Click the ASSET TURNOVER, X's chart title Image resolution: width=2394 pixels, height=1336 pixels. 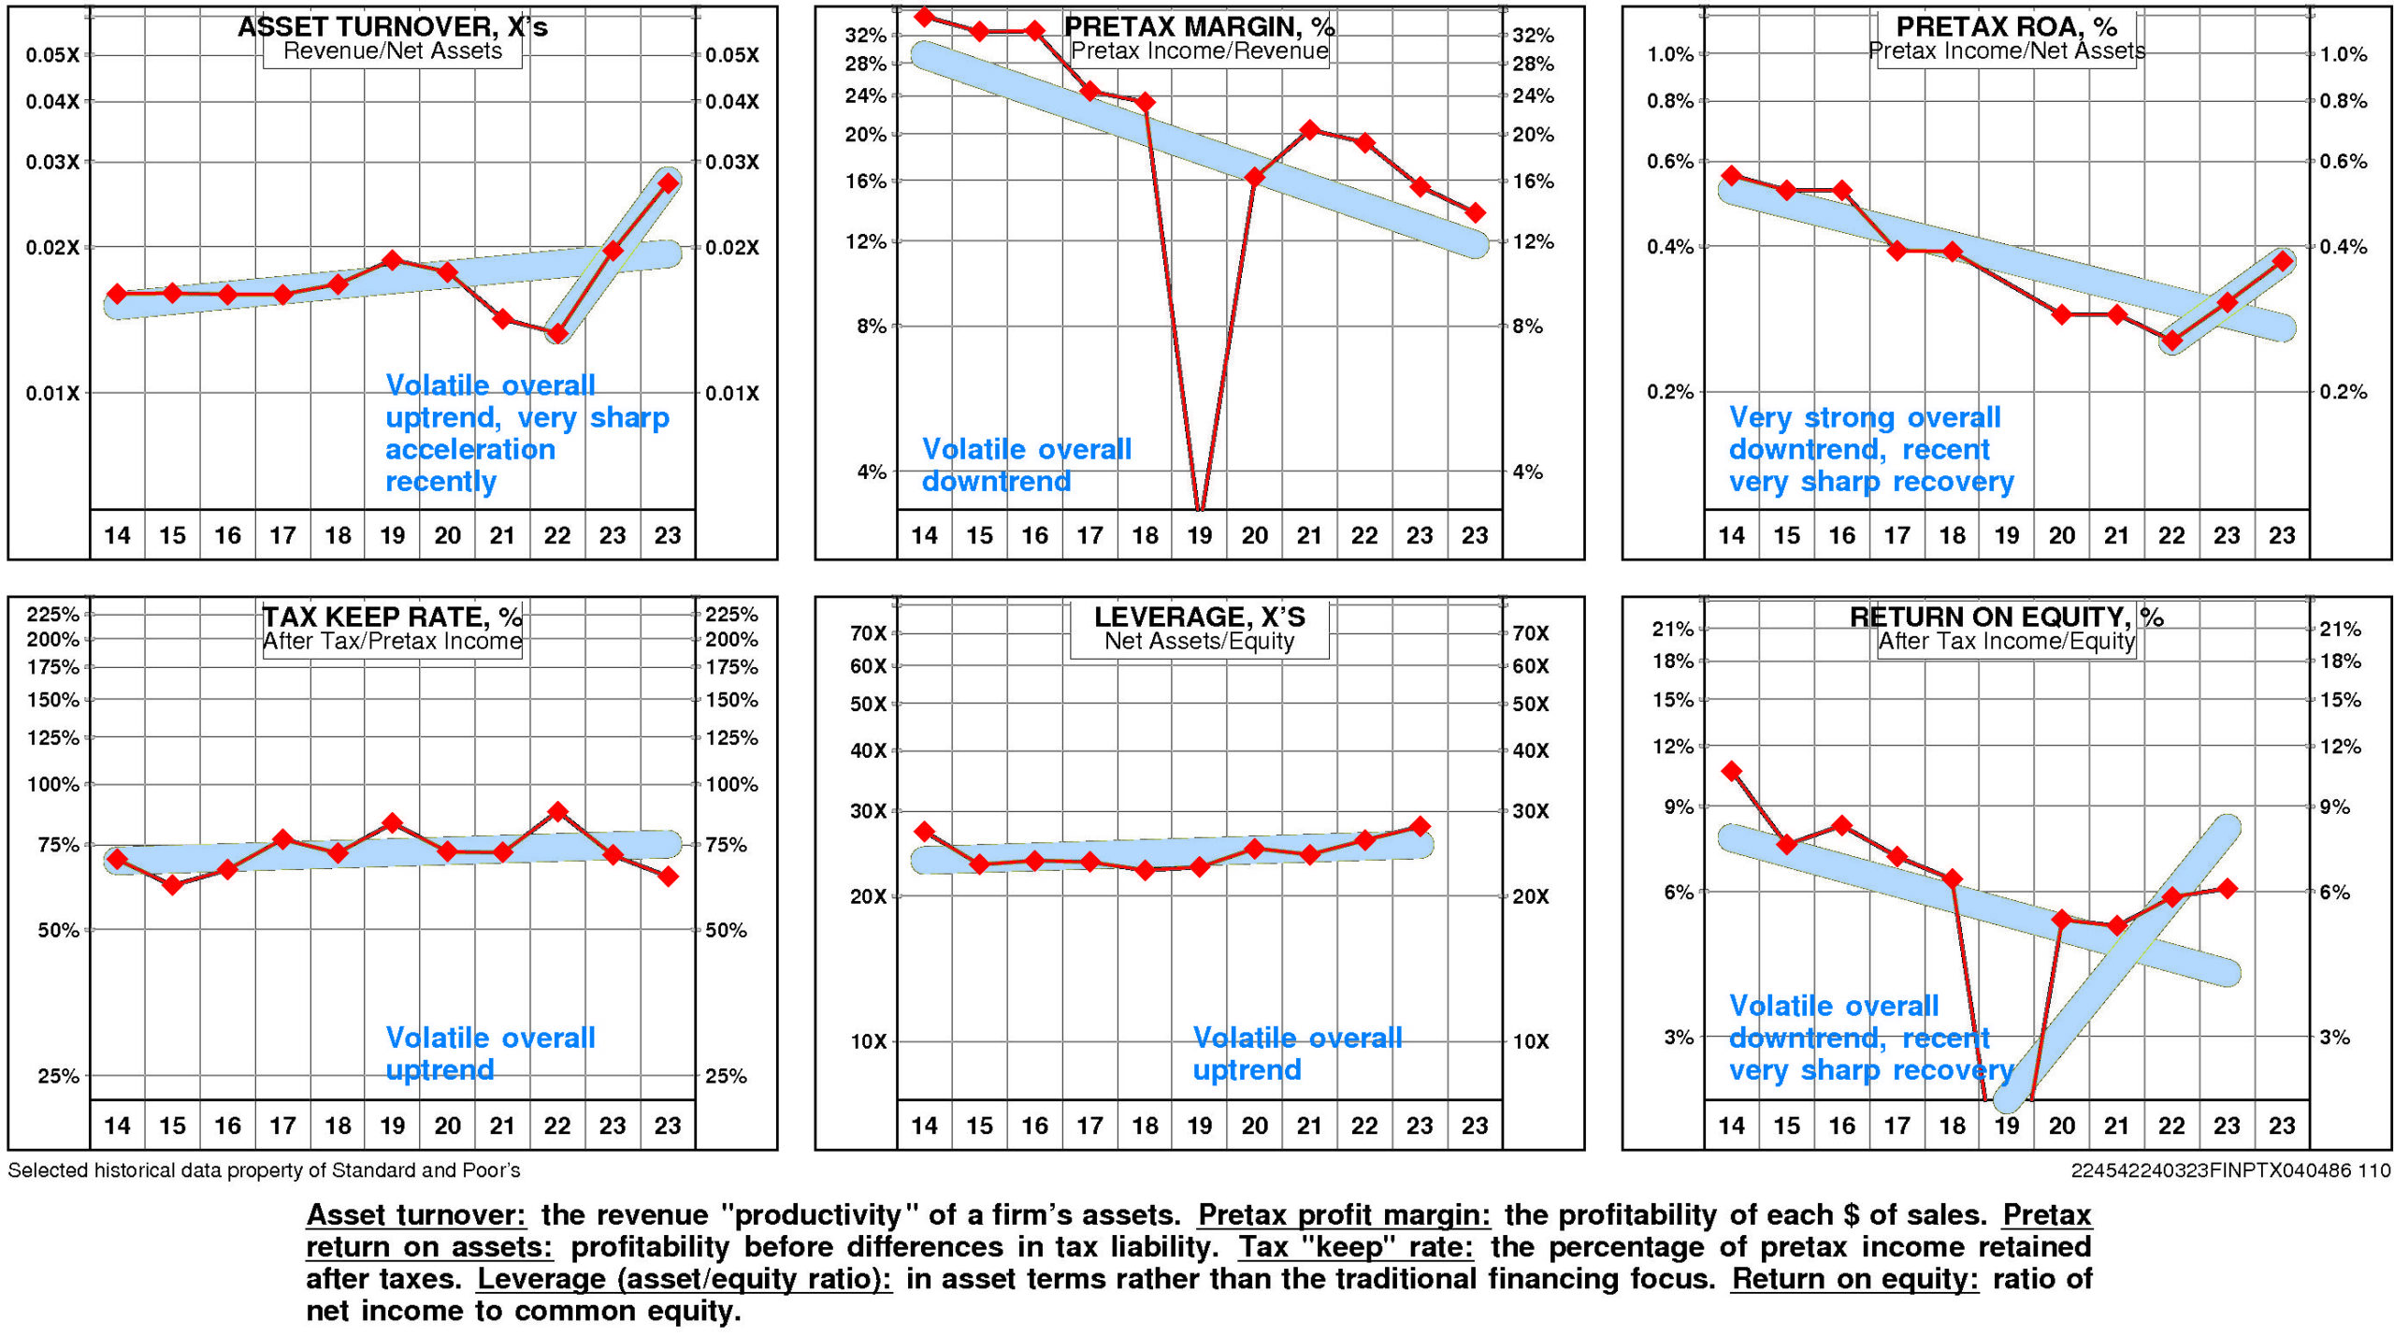click(x=392, y=26)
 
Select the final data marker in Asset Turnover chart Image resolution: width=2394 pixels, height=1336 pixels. click(x=668, y=183)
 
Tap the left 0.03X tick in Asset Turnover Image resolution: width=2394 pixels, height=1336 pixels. click(x=52, y=162)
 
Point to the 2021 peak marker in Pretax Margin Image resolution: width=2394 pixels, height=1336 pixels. click(x=1309, y=130)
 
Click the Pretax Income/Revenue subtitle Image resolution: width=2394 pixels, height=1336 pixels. click(x=1199, y=51)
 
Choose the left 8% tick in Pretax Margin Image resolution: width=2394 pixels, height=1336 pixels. click(x=871, y=327)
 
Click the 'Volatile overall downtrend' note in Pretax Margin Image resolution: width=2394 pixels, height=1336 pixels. click(x=1026, y=465)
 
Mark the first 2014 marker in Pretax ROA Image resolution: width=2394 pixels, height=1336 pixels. click(x=1731, y=175)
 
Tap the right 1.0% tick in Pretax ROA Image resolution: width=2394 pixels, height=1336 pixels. click(x=2344, y=54)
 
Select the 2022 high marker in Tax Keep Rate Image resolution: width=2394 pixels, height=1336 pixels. click(x=557, y=812)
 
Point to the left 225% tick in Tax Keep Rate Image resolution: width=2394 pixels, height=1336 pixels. click(x=52, y=615)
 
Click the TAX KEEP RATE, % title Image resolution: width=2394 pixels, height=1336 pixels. click(x=392, y=617)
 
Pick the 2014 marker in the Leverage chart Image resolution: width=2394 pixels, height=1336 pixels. click(x=924, y=832)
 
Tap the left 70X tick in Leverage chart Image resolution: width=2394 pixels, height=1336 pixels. click(x=868, y=633)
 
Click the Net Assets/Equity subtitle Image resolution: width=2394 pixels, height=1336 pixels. click(x=1199, y=642)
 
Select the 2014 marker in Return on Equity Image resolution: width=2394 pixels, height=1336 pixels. click(x=1731, y=771)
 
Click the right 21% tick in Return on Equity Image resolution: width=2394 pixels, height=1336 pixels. click(x=2340, y=629)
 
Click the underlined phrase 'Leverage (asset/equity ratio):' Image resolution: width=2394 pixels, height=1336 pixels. click(x=684, y=1279)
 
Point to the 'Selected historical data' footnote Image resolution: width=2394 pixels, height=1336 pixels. click(x=264, y=1170)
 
